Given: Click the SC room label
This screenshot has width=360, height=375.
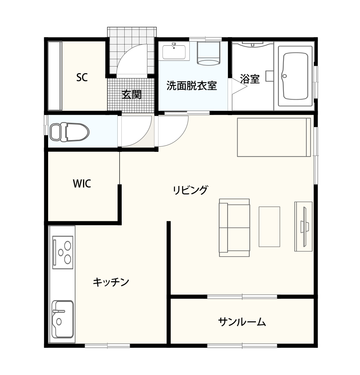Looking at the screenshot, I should pyautogui.click(x=82, y=78).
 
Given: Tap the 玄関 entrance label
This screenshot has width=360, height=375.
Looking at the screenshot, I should pyautogui.click(x=131, y=94).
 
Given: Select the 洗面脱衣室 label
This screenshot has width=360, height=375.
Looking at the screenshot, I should pyautogui.click(x=191, y=86).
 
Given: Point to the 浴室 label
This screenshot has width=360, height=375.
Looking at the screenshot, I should pyautogui.click(x=250, y=79).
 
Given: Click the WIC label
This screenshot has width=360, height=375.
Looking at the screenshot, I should pyautogui.click(x=82, y=184).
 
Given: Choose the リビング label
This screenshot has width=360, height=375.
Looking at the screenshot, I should pyautogui.click(x=190, y=190).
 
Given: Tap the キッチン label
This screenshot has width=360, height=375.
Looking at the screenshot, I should pyautogui.click(x=111, y=282).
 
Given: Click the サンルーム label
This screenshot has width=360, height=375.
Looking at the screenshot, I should pyautogui.click(x=242, y=322).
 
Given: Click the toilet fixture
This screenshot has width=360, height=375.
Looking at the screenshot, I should pyautogui.click(x=69, y=132).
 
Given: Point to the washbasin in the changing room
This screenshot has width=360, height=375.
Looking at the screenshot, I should pyautogui.click(x=174, y=51).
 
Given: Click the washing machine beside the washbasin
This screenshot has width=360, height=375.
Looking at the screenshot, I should pyautogui.click(x=208, y=54).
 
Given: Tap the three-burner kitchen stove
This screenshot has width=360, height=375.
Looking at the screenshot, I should pyautogui.click(x=63, y=252).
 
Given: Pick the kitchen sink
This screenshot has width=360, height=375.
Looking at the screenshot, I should pyautogui.click(x=63, y=319).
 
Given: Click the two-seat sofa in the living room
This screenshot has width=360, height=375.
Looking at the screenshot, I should pyautogui.click(x=234, y=228).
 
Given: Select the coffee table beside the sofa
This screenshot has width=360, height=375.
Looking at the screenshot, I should pyautogui.click(x=269, y=226).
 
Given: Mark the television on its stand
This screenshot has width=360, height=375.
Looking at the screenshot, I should pyautogui.click(x=304, y=226).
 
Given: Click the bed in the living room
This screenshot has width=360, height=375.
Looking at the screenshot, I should pyautogui.click(x=274, y=137).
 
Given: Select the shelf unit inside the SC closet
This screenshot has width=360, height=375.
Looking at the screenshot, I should pyautogui.click(x=54, y=76).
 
